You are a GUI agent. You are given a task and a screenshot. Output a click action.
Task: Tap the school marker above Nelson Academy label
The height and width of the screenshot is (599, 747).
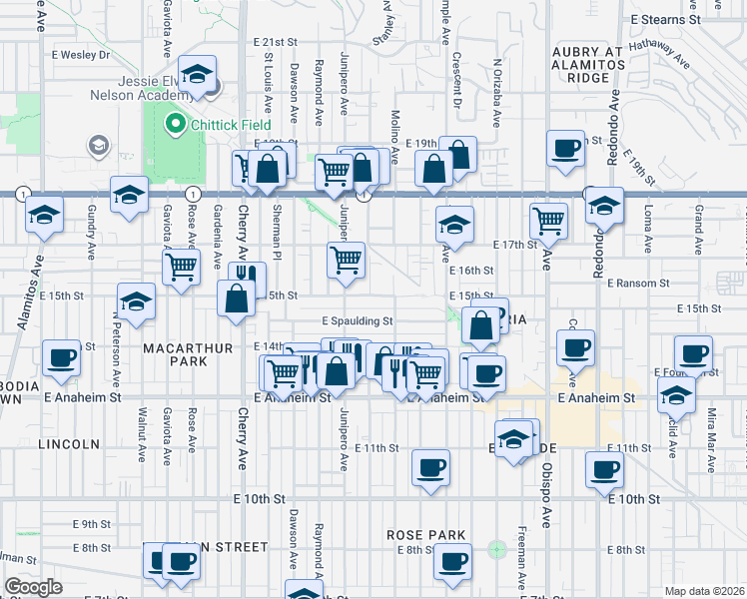198,74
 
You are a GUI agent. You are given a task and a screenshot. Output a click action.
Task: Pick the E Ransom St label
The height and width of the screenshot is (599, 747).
636,284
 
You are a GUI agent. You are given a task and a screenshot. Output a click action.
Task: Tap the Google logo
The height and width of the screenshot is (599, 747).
33,586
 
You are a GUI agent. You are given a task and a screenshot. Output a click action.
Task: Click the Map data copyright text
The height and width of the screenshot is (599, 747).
703,591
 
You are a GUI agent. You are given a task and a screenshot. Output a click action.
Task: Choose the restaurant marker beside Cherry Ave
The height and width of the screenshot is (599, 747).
247,276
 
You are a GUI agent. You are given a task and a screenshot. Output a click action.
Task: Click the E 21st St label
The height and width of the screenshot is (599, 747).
275,43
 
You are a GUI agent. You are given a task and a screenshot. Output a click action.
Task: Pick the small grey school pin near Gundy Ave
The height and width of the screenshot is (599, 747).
98,147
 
